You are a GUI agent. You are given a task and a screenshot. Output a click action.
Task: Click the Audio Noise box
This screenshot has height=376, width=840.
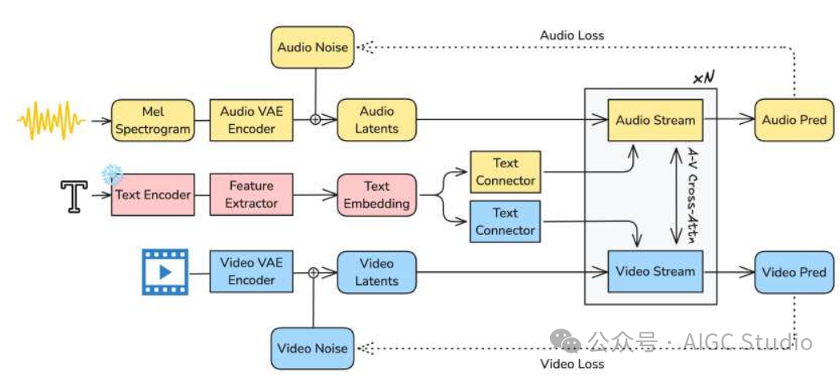click(x=312, y=47)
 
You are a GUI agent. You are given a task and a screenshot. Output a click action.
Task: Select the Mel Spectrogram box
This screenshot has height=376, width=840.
click(x=153, y=120)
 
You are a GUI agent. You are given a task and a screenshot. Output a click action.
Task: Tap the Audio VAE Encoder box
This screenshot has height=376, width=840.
click(x=251, y=120)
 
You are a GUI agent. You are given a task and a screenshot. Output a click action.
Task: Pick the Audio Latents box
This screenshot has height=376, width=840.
click(x=377, y=120)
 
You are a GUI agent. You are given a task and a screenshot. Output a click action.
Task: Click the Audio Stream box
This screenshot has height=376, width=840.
click(x=655, y=120)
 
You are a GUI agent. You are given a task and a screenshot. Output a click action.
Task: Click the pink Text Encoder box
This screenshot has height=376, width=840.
click(x=153, y=195)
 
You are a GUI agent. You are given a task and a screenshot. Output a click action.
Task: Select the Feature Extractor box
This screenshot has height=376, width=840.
click(x=251, y=195)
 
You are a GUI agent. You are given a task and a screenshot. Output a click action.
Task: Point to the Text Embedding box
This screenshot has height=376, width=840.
click(x=377, y=195)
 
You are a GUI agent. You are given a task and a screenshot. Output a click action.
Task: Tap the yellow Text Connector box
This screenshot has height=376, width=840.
click(x=505, y=171)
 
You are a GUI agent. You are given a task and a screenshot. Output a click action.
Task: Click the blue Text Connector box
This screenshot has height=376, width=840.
click(x=505, y=221)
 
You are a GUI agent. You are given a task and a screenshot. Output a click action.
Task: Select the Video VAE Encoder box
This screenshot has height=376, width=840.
click(x=251, y=271)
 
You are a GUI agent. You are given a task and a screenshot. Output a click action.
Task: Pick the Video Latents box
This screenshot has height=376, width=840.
click(x=377, y=272)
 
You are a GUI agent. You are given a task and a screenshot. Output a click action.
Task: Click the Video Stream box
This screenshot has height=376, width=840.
click(x=655, y=271)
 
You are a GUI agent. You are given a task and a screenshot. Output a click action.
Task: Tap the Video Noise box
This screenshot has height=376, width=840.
click(x=312, y=348)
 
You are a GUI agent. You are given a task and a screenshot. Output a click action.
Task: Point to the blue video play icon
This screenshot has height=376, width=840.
click(x=164, y=271)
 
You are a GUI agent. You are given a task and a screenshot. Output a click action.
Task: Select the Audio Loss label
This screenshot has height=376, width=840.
click(x=572, y=35)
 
